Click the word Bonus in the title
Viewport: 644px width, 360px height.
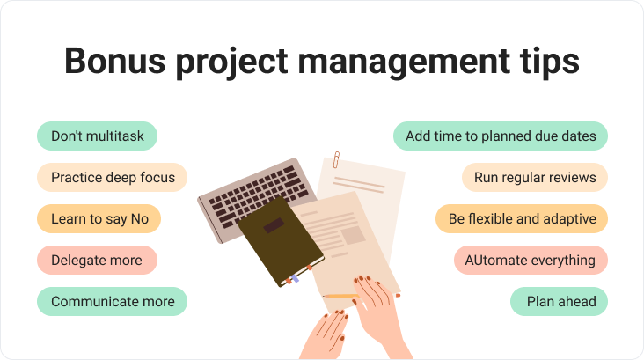[115, 61]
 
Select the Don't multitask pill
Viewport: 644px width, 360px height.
[98, 136]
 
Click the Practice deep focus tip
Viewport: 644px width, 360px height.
[112, 178]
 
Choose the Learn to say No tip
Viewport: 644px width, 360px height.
[99, 218]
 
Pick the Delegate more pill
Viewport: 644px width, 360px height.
[98, 261]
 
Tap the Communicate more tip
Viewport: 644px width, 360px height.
[112, 301]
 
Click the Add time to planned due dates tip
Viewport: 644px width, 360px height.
[501, 136]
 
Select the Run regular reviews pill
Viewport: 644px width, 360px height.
[535, 178]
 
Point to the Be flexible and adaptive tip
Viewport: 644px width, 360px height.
[522, 218]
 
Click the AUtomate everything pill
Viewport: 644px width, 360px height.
[531, 261]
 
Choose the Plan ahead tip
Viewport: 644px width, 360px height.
[559, 301]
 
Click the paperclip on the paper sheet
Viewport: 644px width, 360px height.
[336, 159]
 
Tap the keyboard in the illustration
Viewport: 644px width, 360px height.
[257, 193]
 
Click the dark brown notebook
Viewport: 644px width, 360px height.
[282, 240]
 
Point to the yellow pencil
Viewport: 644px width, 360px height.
[340, 296]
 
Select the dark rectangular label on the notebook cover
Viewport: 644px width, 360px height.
[274, 225]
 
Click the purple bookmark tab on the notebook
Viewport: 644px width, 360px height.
[295, 279]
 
